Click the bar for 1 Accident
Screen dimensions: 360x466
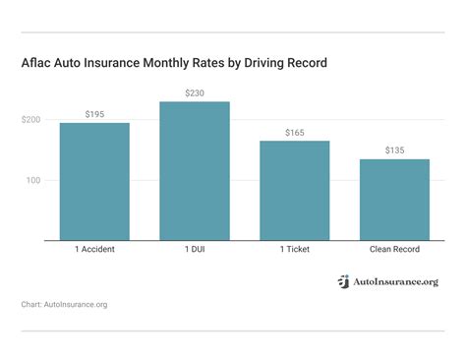point(94,182)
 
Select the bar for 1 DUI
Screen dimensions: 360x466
point(195,171)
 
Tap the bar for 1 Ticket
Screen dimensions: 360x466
point(295,191)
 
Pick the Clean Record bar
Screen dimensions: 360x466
point(394,200)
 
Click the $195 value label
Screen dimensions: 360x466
point(94,114)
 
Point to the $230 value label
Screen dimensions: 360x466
point(195,92)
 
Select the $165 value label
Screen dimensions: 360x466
point(295,132)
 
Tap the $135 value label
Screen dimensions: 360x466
point(394,150)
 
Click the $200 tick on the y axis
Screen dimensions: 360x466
point(30,120)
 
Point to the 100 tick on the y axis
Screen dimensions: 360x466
point(32,181)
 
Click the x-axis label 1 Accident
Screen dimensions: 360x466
point(94,250)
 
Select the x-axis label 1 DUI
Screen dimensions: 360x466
point(195,250)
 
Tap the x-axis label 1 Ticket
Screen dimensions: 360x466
point(295,250)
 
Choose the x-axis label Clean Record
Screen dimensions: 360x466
point(394,250)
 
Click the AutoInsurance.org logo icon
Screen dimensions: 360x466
point(343,281)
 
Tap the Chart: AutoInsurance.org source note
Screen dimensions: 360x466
point(64,305)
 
